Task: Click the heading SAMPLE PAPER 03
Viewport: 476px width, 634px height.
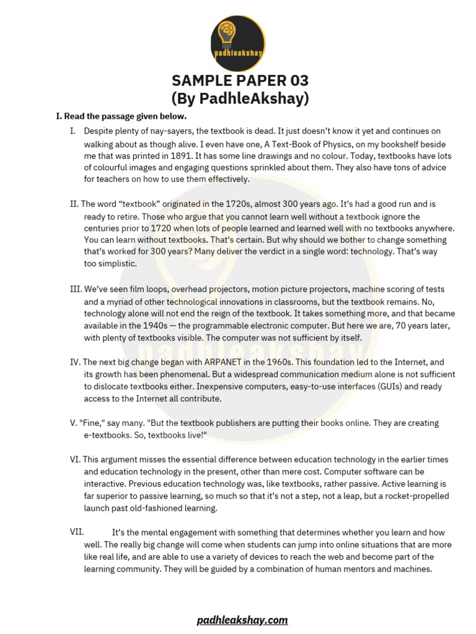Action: point(240,80)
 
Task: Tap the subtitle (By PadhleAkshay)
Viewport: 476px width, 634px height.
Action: point(240,98)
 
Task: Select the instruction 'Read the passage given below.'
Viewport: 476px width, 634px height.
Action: point(125,116)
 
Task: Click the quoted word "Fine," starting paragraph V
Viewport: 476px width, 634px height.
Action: point(91,423)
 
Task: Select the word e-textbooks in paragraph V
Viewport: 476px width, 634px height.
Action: point(109,435)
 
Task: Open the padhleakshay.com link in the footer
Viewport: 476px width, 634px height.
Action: point(242,620)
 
